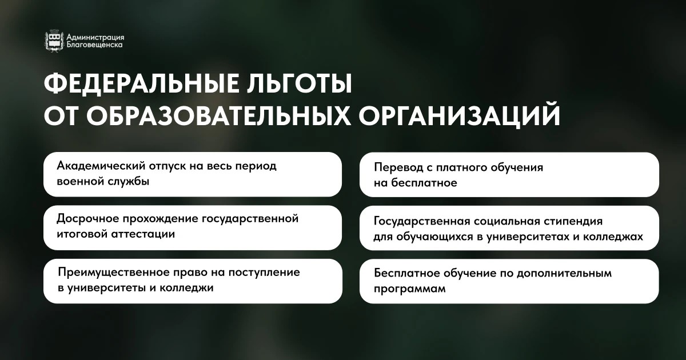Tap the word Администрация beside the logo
click(95, 37)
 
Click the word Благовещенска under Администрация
click(95, 45)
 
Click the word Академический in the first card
click(101, 166)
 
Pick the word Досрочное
click(87, 219)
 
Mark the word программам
click(410, 289)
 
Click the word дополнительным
click(564, 273)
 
